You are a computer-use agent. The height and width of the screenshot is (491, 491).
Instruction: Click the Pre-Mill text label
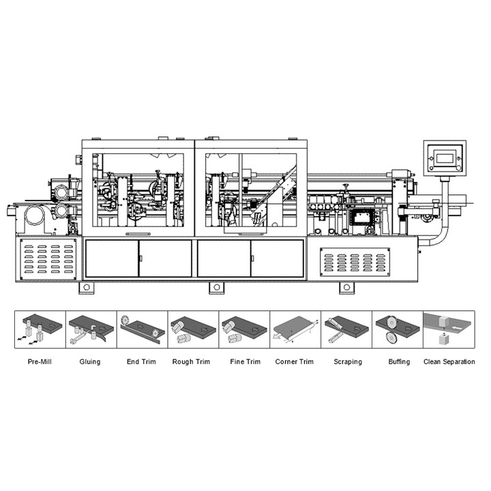point(40,361)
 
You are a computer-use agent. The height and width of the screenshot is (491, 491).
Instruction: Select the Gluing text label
point(90,361)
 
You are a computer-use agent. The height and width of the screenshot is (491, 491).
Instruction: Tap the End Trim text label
point(141,361)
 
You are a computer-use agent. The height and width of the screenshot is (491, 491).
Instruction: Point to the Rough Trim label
point(192,361)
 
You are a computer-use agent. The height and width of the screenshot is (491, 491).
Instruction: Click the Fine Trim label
point(243,361)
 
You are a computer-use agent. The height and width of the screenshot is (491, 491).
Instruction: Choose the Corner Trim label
point(294,361)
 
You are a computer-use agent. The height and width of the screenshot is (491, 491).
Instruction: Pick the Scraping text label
point(347,361)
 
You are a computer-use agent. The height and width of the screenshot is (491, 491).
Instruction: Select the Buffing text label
point(398,361)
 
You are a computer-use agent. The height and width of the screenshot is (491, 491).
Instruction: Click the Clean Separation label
point(449,361)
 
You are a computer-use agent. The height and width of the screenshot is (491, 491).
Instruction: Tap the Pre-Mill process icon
point(40,330)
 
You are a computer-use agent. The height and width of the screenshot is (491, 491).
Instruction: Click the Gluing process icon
point(91,330)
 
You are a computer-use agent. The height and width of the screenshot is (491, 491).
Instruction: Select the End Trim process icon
point(142,330)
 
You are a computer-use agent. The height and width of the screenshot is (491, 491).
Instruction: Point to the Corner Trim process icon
point(295,330)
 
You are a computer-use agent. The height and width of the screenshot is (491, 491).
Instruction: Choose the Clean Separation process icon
point(449,330)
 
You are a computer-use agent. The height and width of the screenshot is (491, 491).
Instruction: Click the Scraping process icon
point(346,330)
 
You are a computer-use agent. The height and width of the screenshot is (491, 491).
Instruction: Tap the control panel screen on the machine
point(444,158)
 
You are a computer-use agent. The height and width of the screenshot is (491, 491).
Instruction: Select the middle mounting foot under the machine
point(218,287)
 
